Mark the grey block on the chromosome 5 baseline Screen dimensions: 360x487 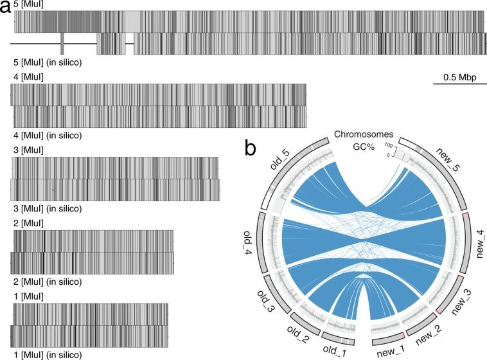[x=62, y=44]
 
